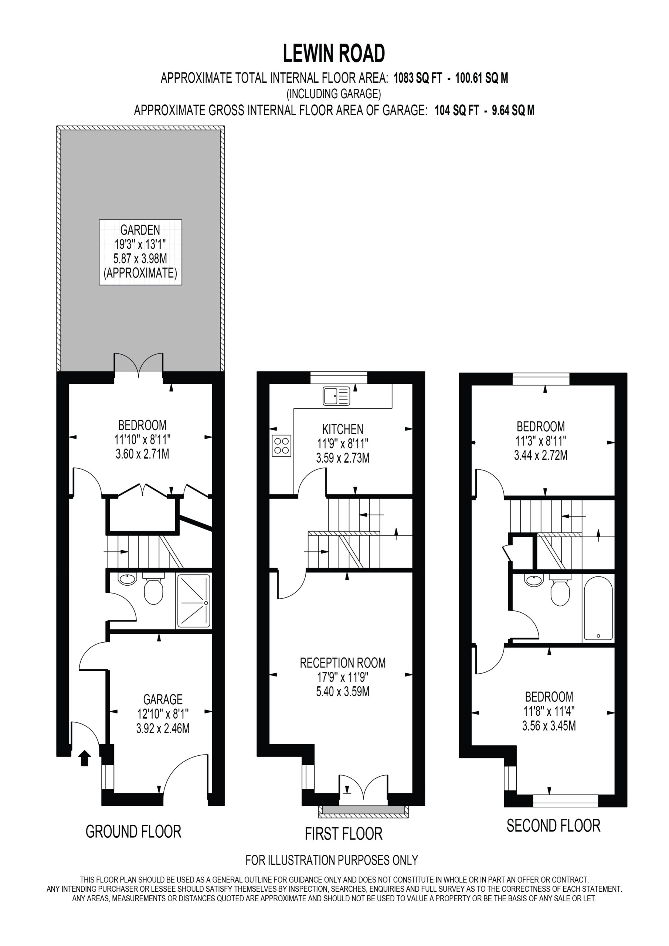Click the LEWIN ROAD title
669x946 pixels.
[x=334, y=54]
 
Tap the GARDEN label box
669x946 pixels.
[x=140, y=252]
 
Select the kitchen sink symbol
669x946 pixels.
[x=336, y=396]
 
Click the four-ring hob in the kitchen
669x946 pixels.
[x=282, y=446]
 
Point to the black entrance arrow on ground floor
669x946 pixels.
[x=85, y=758]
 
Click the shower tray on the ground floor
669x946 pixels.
[x=193, y=602]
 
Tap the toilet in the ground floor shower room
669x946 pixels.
[x=153, y=589]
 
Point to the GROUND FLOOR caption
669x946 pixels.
[x=133, y=831]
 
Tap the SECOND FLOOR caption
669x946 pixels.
[x=553, y=826]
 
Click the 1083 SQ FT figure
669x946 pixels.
[x=418, y=78]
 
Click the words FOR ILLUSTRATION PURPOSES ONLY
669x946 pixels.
[x=332, y=860]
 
